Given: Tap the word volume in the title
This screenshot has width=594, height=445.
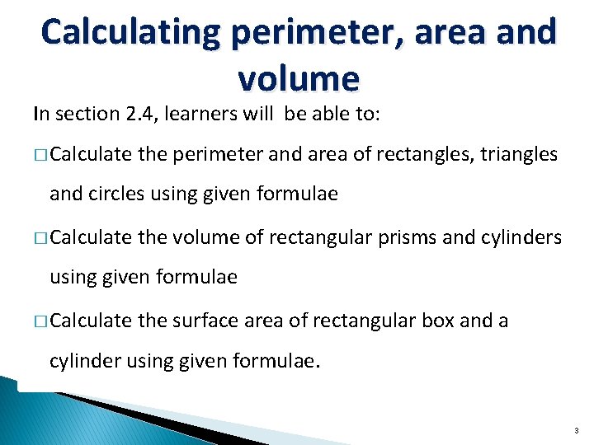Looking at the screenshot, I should [x=298, y=79].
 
